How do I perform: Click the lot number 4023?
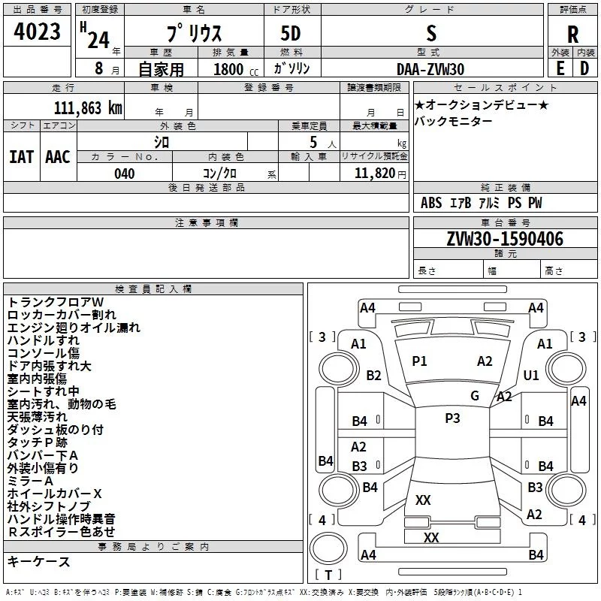[38, 33]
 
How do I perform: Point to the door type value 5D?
[291, 34]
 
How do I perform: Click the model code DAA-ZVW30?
[430, 68]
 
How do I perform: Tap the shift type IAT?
[22, 157]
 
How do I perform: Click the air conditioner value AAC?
[58, 157]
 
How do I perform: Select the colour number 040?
[125, 174]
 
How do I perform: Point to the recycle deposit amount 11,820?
[374, 174]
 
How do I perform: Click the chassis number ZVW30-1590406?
[504, 240]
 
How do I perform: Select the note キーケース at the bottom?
[38, 562]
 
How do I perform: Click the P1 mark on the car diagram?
[419, 361]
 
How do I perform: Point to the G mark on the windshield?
[475, 395]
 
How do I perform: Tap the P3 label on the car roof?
[452, 418]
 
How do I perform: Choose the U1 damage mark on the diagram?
[531, 375]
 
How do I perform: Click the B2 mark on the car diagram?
[373, 375]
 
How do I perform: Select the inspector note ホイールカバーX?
[54, 494]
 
